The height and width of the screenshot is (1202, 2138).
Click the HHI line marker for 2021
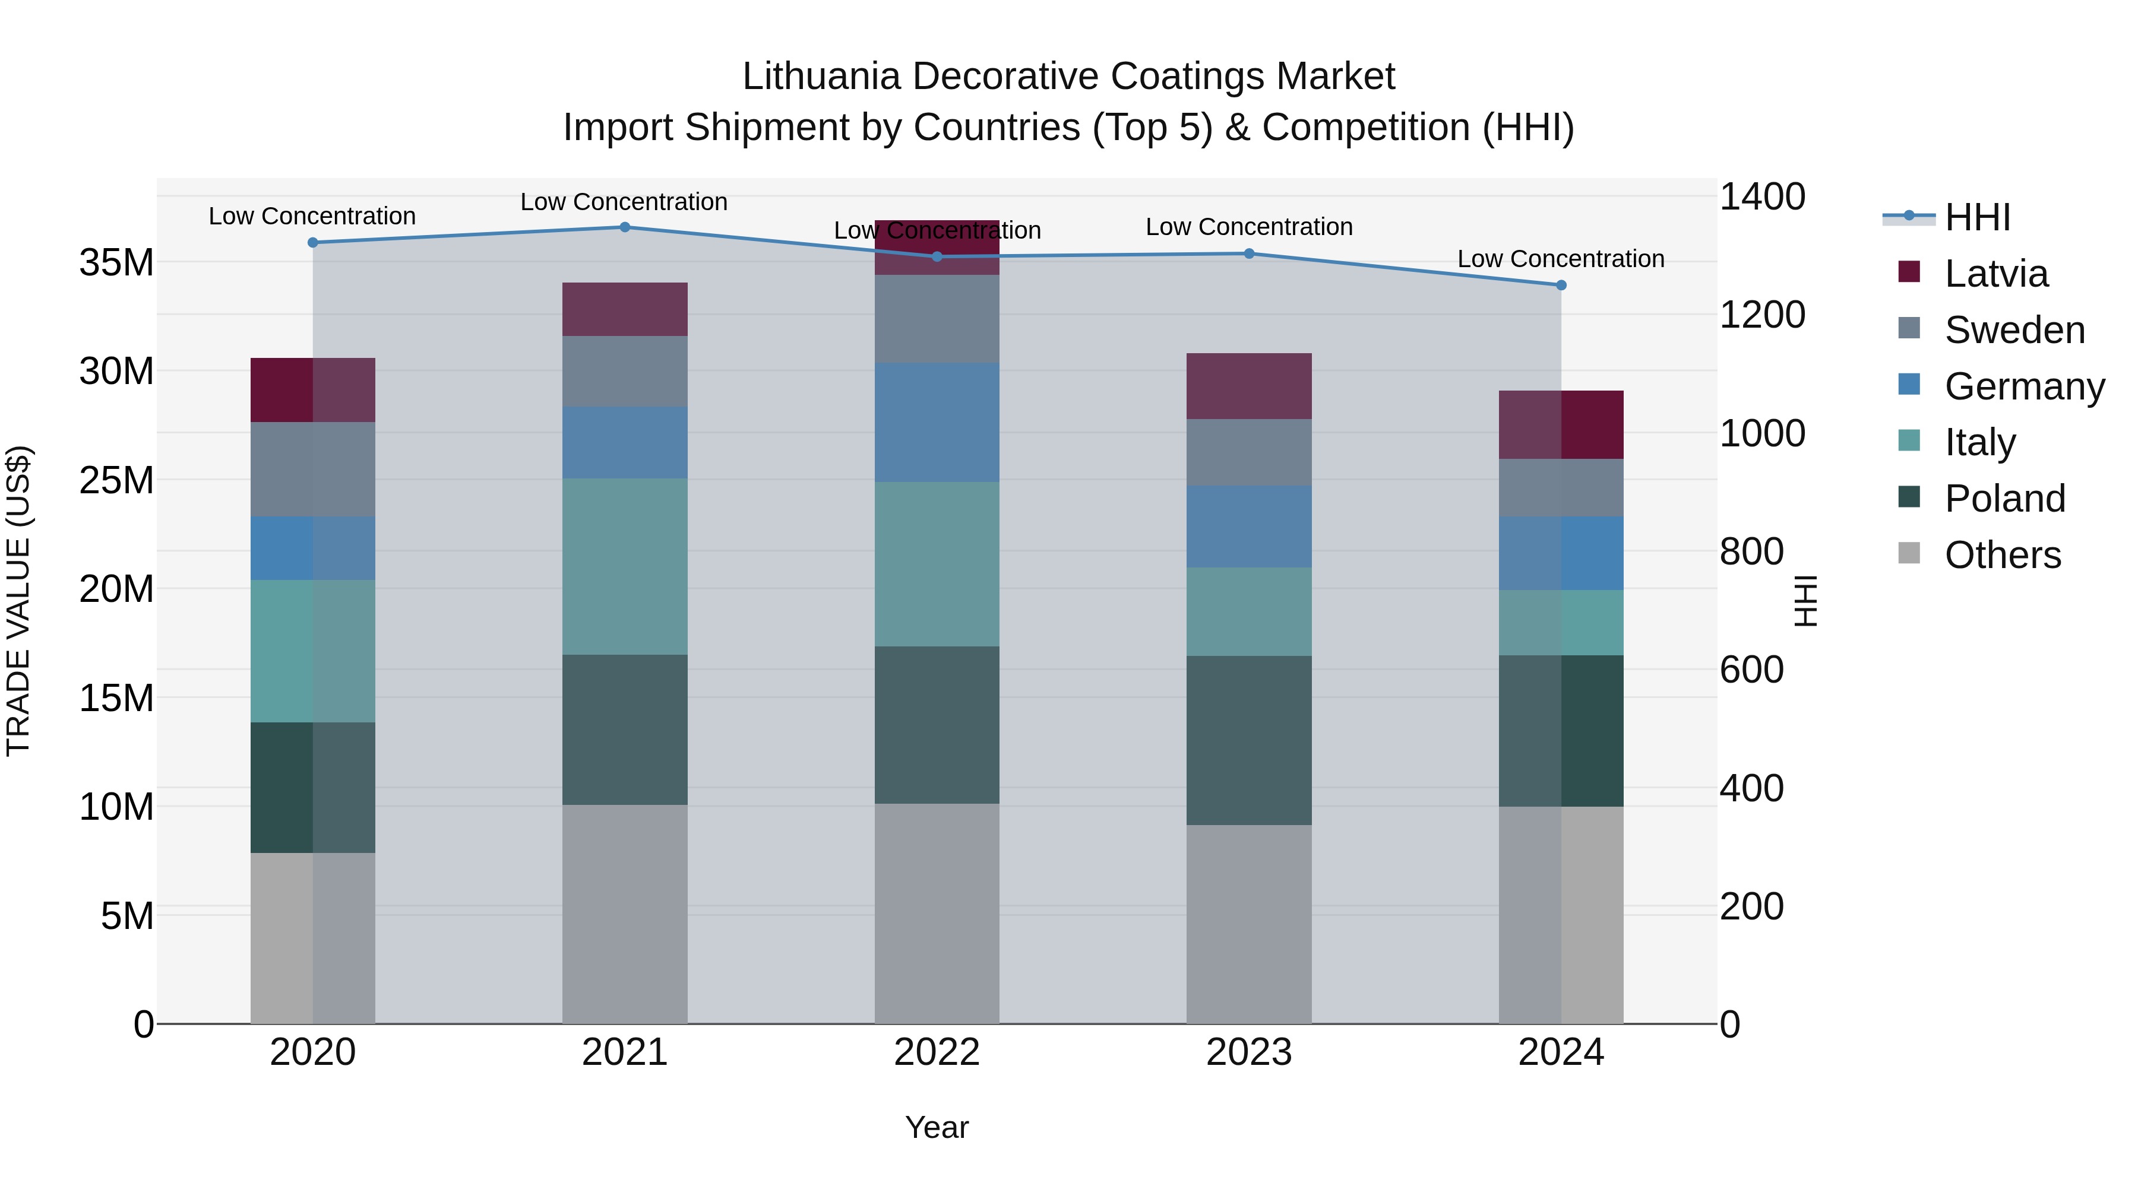click(x=625, y=227)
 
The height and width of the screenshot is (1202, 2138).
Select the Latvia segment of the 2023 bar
click(x=1248, y=386)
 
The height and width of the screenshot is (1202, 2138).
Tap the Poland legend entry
click(x=2004, y=499)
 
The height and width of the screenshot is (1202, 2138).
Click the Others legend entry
click(x=2002, y=555)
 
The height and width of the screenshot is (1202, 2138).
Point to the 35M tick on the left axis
click(x=116, y=263)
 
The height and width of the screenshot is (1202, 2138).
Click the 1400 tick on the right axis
click(x=1761, y=198)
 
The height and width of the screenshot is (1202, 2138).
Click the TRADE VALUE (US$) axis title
click(x=18, y=601)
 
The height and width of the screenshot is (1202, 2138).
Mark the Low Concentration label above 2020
click(x=312, y=217)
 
